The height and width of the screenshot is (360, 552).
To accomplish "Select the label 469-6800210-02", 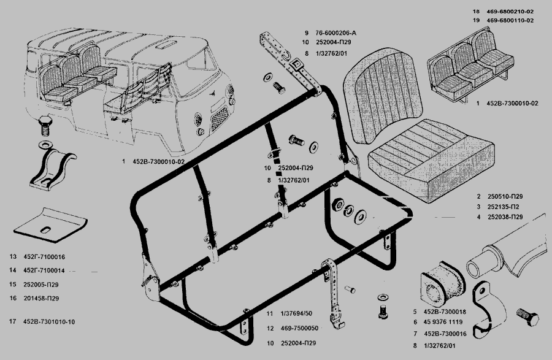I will [x=512, y=12].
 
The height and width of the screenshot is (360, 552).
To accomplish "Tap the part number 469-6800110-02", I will [x=512, y=20].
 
